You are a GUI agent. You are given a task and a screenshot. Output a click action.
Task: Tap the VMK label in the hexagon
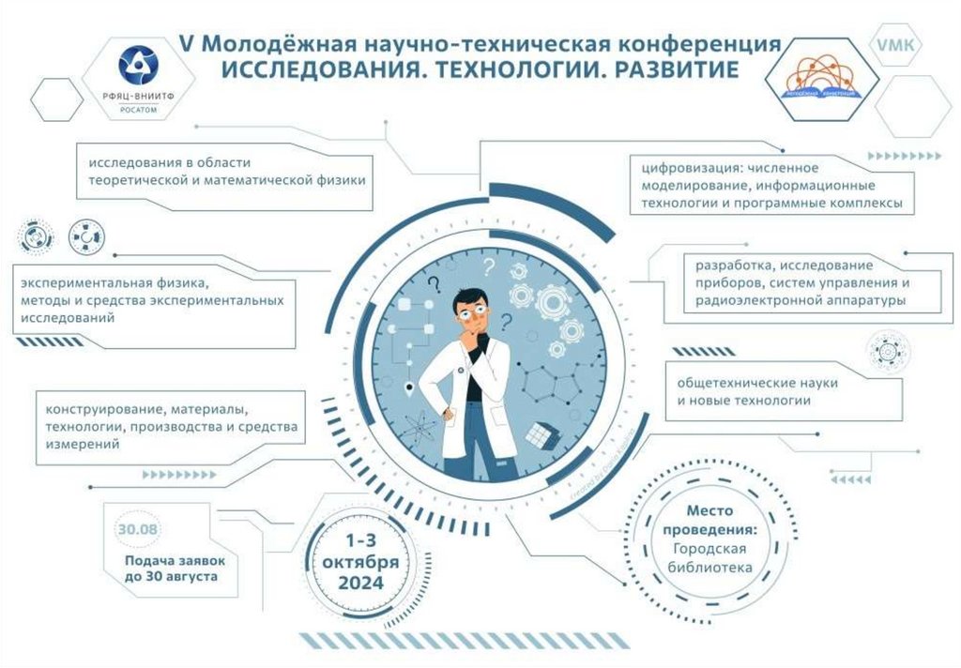click(x=898, y=44)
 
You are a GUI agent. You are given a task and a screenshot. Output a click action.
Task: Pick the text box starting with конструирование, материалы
click(x=169, y=427)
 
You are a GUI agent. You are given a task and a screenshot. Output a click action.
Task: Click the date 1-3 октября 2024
click(x=358, y=561)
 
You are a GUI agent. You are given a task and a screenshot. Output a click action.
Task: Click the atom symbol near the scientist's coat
click(x=421, y=431)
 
